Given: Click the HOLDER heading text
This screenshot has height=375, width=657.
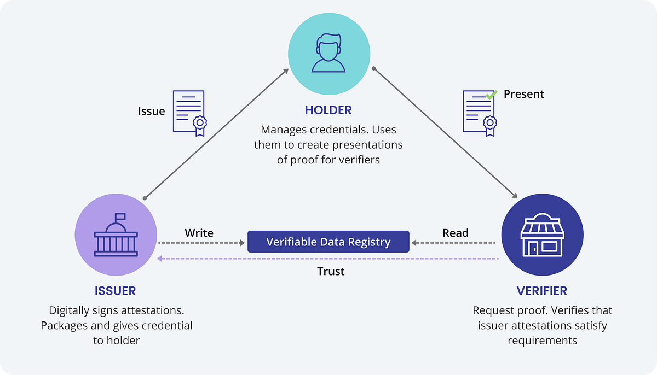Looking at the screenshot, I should pos(328,110).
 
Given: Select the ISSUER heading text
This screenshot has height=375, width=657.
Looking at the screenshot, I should pos(115,290).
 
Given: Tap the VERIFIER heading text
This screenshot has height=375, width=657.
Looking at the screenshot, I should pos(541,290).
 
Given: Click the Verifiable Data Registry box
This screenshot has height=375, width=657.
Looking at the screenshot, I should pos(328,242).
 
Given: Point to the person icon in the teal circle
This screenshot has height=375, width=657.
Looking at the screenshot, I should pos(328,53).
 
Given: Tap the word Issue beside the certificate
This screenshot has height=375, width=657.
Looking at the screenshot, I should pos(151,111).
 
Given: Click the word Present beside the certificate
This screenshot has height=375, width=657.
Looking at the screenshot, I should pos(524,94).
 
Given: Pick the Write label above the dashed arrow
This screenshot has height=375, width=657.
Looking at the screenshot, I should pos(199,233).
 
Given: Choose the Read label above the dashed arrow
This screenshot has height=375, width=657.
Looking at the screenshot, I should pos(456,233).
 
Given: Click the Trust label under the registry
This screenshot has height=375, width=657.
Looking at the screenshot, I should pos(331,271).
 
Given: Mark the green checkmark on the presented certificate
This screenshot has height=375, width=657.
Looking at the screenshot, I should pos(491,94).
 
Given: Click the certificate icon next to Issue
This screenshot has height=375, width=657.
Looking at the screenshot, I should pos(189,113).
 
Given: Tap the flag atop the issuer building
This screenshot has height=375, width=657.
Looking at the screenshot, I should pos(120,216).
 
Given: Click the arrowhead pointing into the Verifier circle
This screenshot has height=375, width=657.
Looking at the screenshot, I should pos(515,195).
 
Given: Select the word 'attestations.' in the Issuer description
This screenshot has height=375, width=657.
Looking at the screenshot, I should pos(153,310).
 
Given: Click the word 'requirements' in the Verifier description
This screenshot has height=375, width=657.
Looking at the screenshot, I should pos(542,341).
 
